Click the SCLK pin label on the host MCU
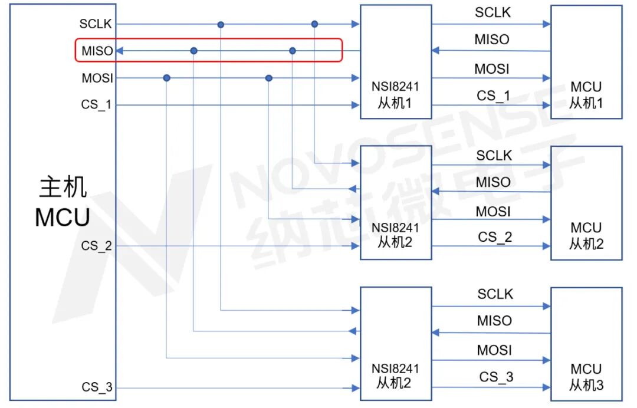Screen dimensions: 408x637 (x=96, y=24)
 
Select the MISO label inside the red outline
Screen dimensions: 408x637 (x=97, y=51)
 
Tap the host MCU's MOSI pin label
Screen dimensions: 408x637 (x=97, y=78)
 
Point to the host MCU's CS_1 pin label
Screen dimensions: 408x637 (x=97, y=105)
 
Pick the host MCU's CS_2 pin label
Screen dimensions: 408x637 (x=97, y=246)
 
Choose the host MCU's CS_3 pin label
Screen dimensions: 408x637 (x=97, y=387)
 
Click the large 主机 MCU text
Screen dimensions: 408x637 (x=63, y=202)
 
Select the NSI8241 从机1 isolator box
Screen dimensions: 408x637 (x=395, y=62)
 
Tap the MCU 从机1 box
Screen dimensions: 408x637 (x=586, y=62)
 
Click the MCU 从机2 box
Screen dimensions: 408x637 (x=586, y=203)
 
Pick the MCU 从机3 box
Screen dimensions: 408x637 (x=586, y=344)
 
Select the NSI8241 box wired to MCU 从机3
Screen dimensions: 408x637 (x=395, y=344)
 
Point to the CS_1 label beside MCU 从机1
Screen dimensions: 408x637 (x=494, y=96)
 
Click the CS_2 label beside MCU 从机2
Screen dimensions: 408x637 (x=495, y=237)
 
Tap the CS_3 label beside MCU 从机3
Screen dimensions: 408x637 (x=496, y=377)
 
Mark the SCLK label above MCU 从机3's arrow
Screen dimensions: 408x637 (x=495, y=294)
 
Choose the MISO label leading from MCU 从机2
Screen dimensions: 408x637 (x=493, y=182)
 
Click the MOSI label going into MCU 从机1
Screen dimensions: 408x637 (x=492, y=68)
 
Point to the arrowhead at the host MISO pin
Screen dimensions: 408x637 (x=119, y=51)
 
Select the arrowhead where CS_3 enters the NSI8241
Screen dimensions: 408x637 (x=355, y=388)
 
